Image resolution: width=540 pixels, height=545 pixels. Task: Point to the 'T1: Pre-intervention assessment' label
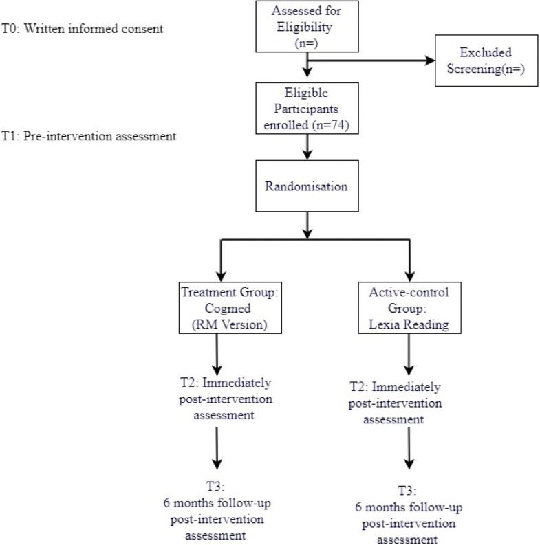tap(89, 135)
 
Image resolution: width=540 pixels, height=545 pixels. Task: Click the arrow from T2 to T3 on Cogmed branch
tap(218, 450)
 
